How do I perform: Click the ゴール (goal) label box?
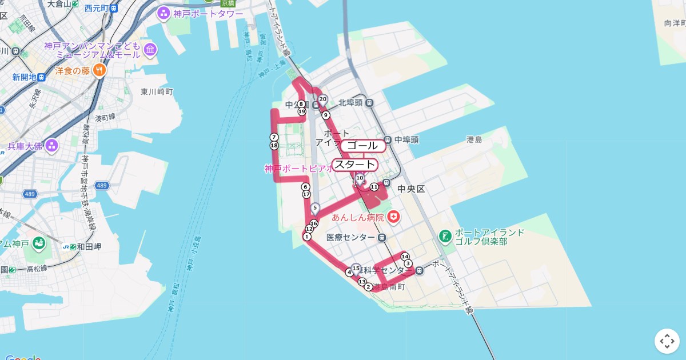coord(363,146)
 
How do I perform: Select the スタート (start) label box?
coord(355,165)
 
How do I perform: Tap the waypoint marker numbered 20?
coord(322,99)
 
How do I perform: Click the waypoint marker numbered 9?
coord(326,115)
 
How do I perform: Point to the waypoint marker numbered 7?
coord(274,137)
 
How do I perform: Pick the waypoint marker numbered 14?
coord(405,256)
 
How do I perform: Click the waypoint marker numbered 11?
coord(374,187)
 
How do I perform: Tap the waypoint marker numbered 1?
coord(307,237)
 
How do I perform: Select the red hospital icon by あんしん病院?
coord(393,217)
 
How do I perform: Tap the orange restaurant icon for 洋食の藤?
coord(99,70)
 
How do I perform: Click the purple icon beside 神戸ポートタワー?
coord(163,13)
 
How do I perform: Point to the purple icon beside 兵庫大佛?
coord(52,145)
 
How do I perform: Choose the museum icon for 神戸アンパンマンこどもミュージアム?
coord(150,50)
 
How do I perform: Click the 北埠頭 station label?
coord(351,103)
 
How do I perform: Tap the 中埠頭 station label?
coord(406,139)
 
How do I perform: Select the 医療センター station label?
coord(350,237)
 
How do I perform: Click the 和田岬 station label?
coord(89,247)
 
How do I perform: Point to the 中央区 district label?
coord(411,189)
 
